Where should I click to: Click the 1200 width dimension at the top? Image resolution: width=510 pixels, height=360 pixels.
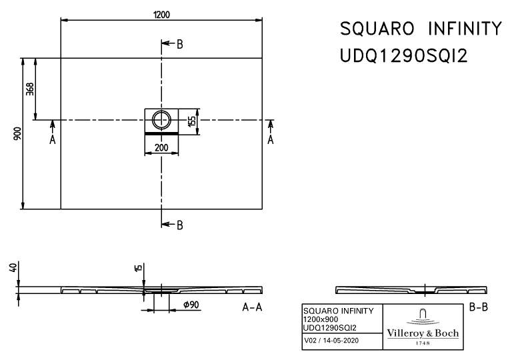click(161, 15)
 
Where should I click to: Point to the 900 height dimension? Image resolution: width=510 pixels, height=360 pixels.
click(17, 133)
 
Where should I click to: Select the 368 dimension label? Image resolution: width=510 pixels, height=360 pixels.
click(29, 89)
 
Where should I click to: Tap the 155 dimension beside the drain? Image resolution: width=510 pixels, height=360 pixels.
click(192, 121)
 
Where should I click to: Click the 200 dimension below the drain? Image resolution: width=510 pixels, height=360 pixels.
click(161, 147)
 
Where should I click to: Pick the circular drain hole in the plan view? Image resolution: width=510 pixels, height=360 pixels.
click(161, 119)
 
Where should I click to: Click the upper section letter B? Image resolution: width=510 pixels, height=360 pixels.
click(180, 44)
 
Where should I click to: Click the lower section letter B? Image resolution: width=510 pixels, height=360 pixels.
click(180, 225)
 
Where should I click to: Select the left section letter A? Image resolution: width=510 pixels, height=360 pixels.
click(53, 140)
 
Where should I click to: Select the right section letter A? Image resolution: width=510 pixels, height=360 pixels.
click(270, 140)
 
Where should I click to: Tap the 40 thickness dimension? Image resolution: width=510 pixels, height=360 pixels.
click(13, 267)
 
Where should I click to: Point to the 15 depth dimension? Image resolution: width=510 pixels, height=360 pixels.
click(138, 268)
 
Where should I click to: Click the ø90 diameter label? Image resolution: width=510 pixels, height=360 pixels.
click(191, 305)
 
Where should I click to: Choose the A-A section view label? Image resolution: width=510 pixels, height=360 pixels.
click(252, 307)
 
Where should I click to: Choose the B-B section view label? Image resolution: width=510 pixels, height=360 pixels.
click(479, 307)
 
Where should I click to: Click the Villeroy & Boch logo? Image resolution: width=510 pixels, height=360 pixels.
click(423, 327)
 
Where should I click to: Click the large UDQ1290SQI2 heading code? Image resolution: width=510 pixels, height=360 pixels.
click(403, 56)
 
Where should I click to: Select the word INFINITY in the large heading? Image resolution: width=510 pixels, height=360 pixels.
click(465, 29)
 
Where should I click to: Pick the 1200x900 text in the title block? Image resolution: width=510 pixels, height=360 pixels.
click(321, 319)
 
